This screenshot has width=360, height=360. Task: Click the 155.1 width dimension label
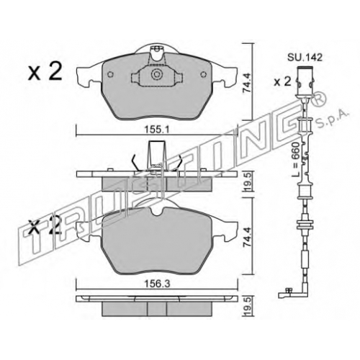click(157, 130)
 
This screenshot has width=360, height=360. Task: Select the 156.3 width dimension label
click(157, 284)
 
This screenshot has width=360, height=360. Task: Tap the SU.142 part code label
click(305, 58)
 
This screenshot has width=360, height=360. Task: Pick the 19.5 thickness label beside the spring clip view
click(247, 182)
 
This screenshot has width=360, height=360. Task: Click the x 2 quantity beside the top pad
click(45, 71)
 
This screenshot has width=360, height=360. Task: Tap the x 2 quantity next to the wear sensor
click(282, 82)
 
